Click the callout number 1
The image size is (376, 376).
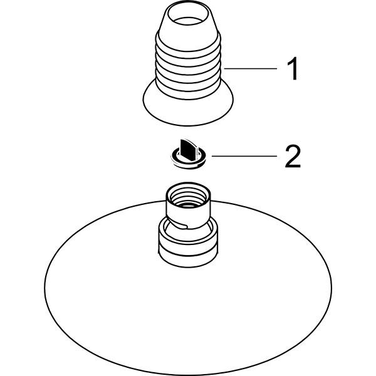point(293,68)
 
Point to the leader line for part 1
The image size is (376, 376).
point(250,68)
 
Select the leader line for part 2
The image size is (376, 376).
point(244,156)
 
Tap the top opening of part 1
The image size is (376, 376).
point(188,14)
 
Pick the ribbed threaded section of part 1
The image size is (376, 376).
point(188,65)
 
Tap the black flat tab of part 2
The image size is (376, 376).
point(189,149)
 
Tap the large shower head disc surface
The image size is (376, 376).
point(188,311)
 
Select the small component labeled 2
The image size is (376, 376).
point(188,154)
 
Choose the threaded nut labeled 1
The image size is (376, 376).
point(188,65)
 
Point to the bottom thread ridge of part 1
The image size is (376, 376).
point(188,92)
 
